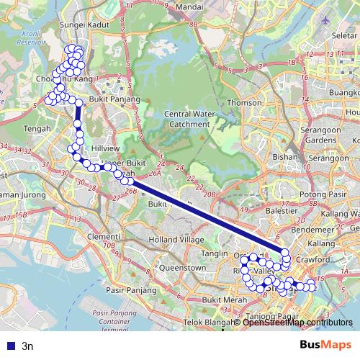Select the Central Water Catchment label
coord(188,119)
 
